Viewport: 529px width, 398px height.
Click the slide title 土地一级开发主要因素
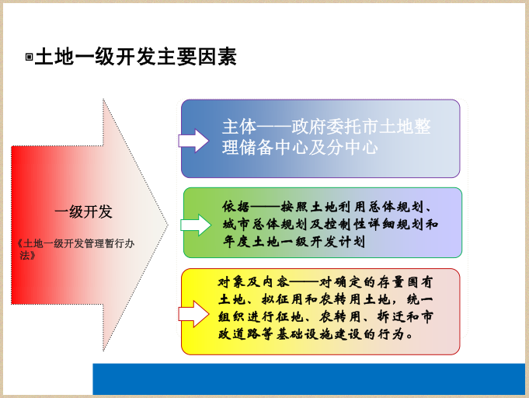(x=136, y=57)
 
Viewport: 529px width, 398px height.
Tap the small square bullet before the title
(x=29, y=58)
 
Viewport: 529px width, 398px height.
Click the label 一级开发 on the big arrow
(x=83, y=211)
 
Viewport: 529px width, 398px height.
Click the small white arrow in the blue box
(x=193, y=140)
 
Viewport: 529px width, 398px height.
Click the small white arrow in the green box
(x=195, y=225)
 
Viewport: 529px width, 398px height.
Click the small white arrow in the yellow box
(x=194, y=315)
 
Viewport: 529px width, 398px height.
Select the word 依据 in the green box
(x=235, y=207)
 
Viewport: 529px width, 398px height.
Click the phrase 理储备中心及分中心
(x=300, y=146)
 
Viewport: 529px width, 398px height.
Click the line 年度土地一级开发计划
(x=293, y=242)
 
